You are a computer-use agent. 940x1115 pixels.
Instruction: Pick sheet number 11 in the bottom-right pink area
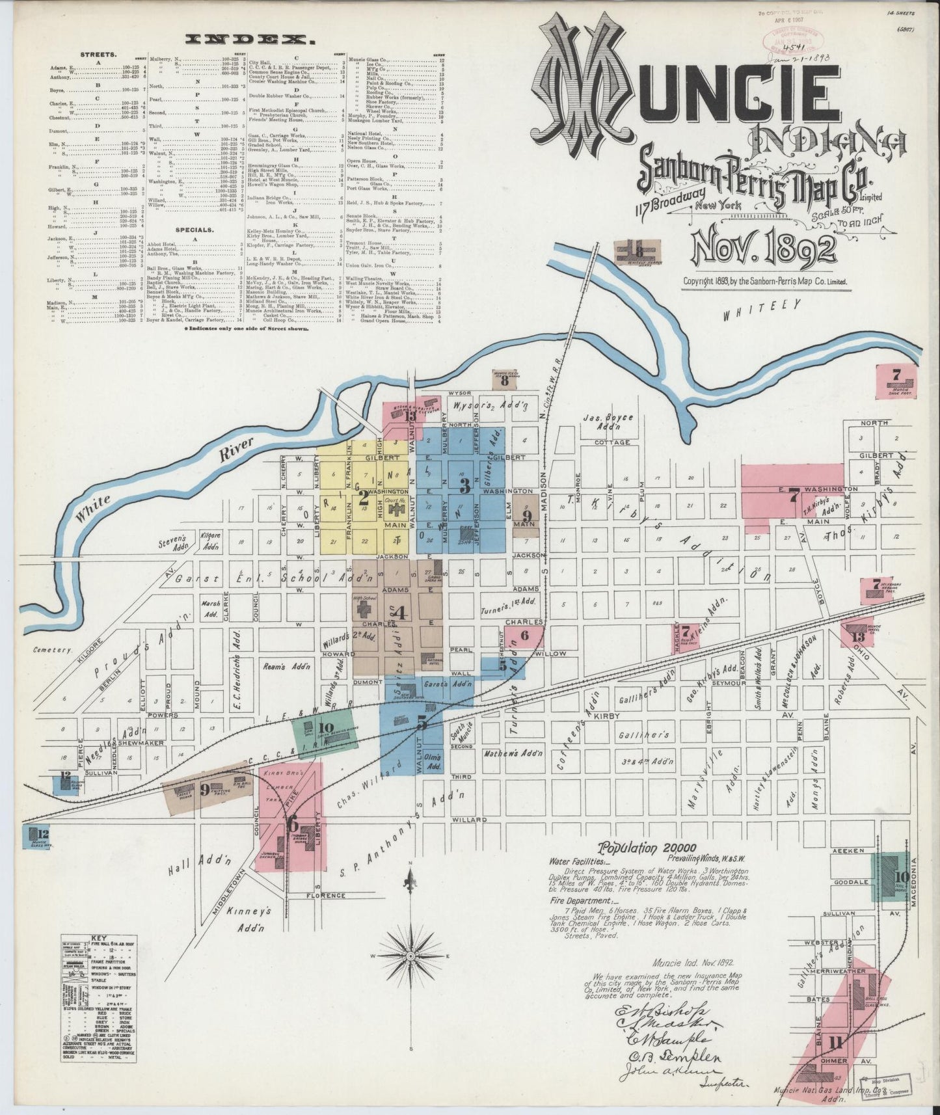pos(835,1045)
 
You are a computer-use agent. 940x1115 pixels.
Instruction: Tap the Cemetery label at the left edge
pos(53,650)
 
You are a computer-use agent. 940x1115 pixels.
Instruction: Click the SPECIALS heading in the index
pos(193,230)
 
